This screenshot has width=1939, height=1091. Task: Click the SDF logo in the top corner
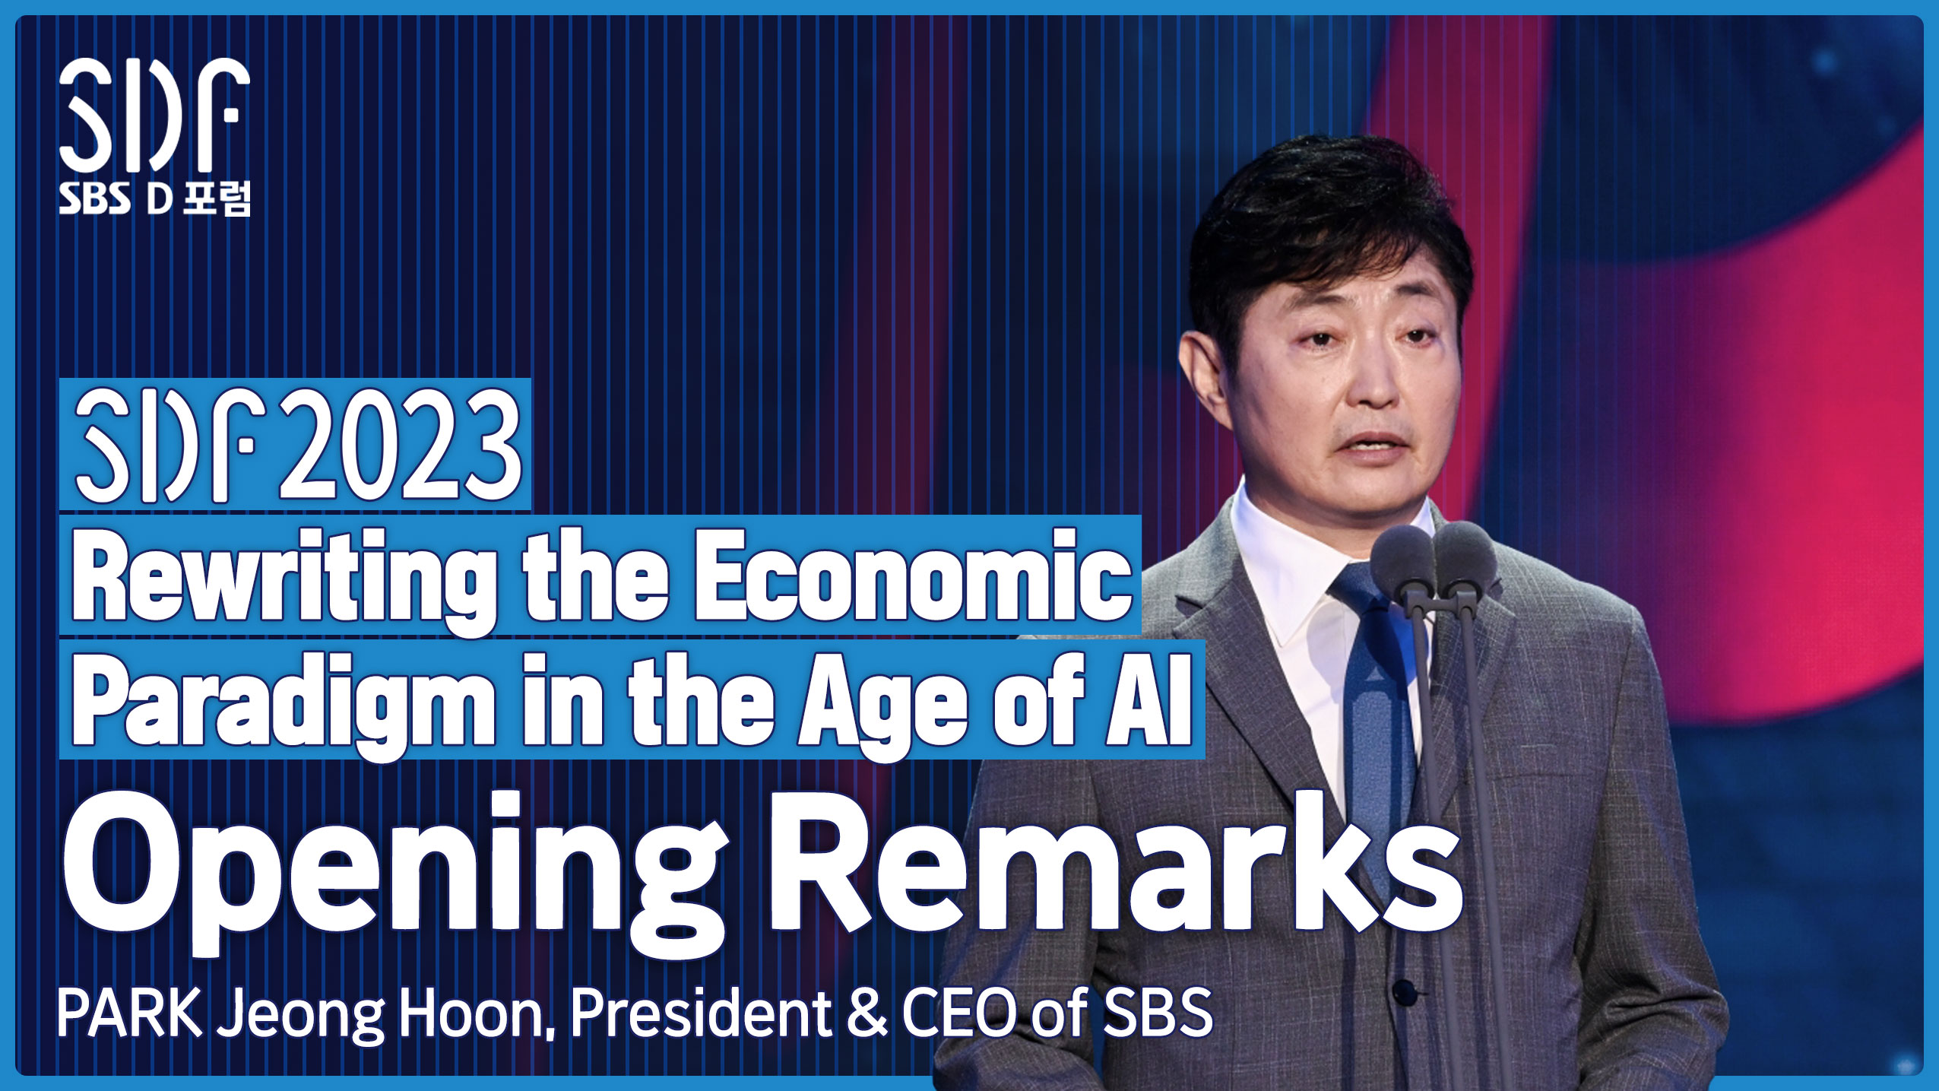154,114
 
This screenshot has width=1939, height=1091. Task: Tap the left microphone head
1402,555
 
